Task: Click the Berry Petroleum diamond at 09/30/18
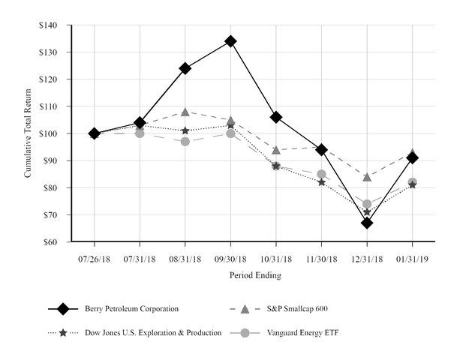[x=230, y=41]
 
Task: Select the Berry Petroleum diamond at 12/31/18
[x=367, y=223]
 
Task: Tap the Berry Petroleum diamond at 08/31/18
[x=185, y=68]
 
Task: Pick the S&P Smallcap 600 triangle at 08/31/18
[x=185, y=112]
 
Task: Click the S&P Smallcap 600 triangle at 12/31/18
[x=367, y=177]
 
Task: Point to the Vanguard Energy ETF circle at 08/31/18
[x=185, y=142]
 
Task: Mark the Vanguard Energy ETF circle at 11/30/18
[x=321, y=174]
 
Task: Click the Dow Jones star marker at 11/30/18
[x=321, y=182]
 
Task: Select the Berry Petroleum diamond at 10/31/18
[x=276, y=117]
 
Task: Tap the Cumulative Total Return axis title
[x=28, y=133]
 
